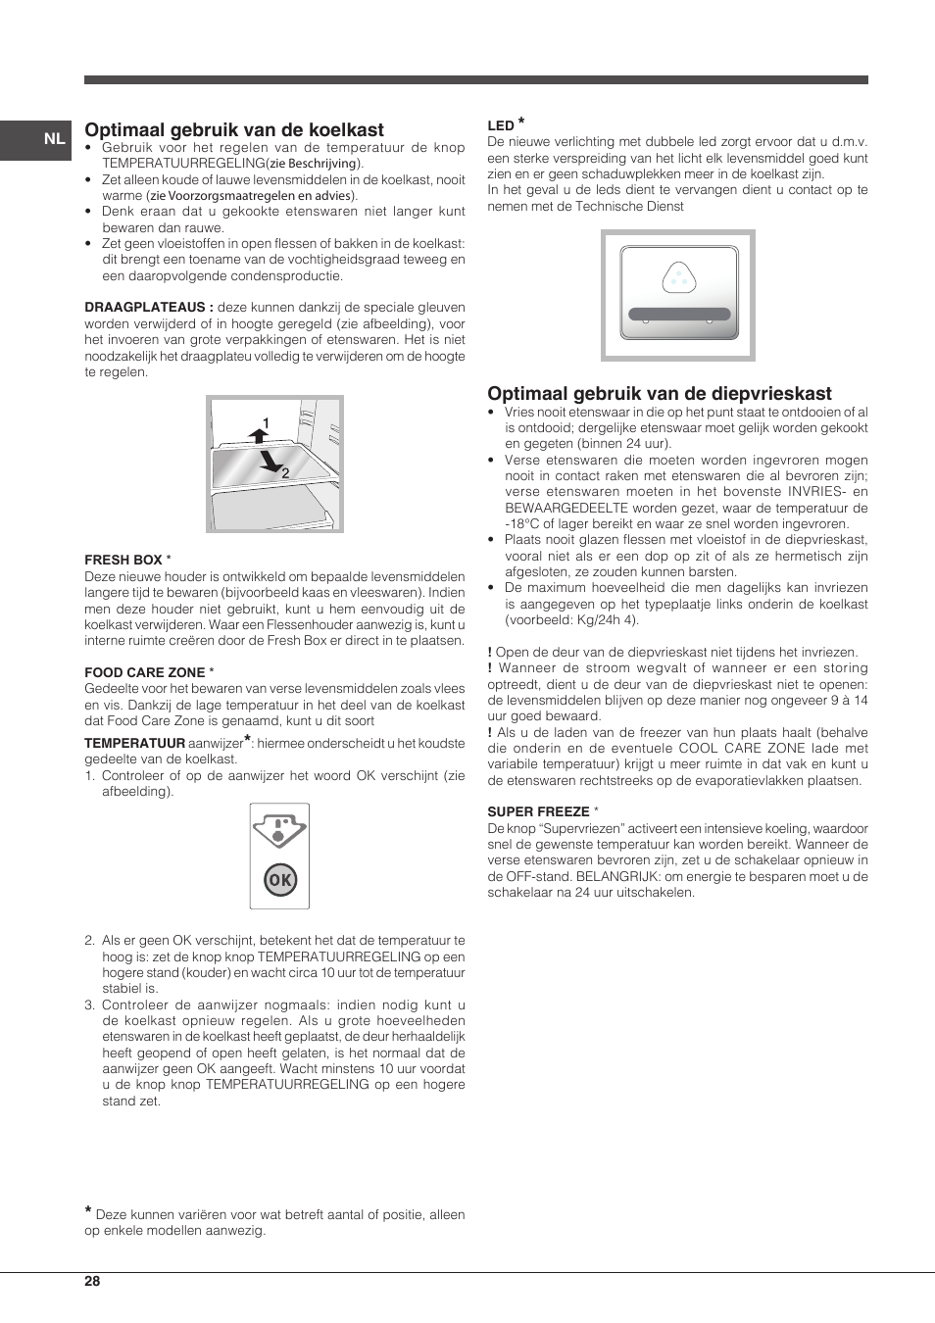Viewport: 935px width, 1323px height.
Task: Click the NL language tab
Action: pyautogui.click(x=54, y=139)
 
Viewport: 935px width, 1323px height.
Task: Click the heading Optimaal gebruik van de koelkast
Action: pyautogui.click(x=234, y=129)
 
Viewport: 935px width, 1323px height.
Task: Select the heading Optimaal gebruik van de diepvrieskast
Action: pyautogui.click(x=659, y=393)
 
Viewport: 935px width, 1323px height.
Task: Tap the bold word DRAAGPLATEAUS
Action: pyautogui.click(x=148, y=308)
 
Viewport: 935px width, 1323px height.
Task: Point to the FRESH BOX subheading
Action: pyautogui.click(x=123, y=560)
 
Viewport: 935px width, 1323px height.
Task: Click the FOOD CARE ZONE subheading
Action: pyautogui.click(x=145, y=672)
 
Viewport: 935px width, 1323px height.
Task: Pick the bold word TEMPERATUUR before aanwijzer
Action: pyautogui.click(x=134, y=744)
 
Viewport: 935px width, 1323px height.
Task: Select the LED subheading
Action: pyautogui.click(x=501, y=125)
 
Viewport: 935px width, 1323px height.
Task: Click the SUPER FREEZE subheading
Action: pyautogui.click(x=538, y=811)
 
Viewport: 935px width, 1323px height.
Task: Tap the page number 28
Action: pyautogui.click(x=92, y=1281)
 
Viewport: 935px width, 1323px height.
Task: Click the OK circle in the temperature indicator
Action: pyautogui.click(x=279, y=880)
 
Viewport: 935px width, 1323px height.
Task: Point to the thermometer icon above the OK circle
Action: pyautogui.click(x=279, y=830)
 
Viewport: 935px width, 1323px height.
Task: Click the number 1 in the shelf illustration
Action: pyautogui.click(x=266, y=423)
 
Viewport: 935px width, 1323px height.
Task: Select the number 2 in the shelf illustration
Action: pyautogui.click(x=285, y=473)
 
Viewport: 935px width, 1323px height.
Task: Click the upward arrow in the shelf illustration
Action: pyautogui.click(x=259, y=435)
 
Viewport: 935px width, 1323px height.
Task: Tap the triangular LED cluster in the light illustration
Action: pyautogui.click(x=678, y=278)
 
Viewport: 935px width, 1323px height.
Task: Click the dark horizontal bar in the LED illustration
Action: pyautogui.click(x=679, y=315)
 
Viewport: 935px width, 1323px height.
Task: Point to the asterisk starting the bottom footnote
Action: pyautogui.click(x=89, y=1212)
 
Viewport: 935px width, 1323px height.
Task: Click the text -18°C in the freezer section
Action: pyautogui.click(x=522, y=524)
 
